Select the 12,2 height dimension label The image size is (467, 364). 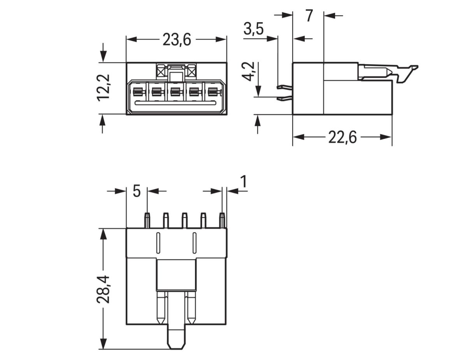104,88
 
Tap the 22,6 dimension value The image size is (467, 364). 342,137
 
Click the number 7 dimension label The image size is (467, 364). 308,16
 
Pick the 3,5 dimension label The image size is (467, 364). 253,30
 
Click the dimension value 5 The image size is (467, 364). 136,192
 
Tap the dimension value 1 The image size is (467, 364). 243,182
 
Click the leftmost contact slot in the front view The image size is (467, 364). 137,93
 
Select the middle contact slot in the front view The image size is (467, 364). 175,93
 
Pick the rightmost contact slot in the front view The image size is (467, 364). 212,93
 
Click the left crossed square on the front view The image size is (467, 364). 161,72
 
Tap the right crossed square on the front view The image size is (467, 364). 191,72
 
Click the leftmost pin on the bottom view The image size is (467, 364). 147,220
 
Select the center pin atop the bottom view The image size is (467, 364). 184,220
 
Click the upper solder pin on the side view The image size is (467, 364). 284,87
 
